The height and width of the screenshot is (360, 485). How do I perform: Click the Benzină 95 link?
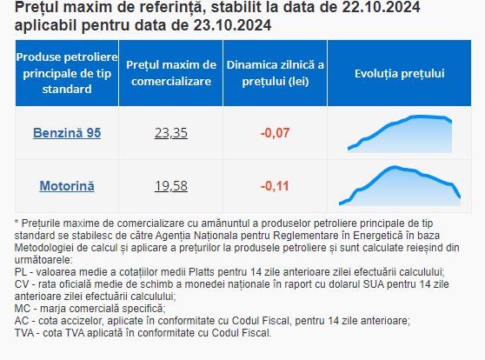point(67,133)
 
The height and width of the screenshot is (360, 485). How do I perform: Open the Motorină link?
point(67,186)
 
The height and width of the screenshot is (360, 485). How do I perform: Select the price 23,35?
point(171,133)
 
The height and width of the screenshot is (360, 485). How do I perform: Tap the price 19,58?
point(171,186)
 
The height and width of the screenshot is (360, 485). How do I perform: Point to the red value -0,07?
point(275,133)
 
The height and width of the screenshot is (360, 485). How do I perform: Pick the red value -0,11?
point(275,186)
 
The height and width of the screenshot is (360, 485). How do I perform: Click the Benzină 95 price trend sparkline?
point(400,134)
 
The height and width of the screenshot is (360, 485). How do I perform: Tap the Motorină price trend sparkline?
point(400,186)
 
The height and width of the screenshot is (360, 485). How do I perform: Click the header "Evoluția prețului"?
point(399,73)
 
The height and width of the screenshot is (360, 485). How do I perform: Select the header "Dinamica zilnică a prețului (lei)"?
point(275,73)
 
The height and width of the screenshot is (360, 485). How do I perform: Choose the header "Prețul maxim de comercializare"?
point(171,73)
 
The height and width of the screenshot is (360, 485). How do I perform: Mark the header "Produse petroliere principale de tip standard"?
point(67,73)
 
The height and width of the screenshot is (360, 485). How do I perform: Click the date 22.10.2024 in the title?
point(381,7)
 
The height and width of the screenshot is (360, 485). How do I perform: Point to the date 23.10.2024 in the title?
point(232,25)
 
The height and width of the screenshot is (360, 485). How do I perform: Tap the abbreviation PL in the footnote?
point(21,272)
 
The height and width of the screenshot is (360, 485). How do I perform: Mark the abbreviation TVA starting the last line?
point(23,333)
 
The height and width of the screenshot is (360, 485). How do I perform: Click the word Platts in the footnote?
point(202,272)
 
